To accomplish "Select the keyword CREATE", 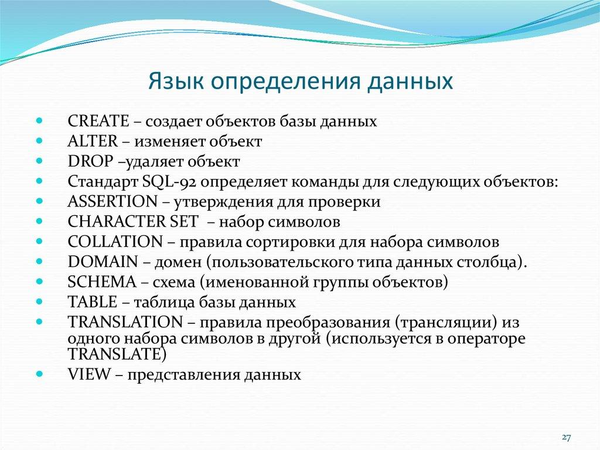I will point(98,121).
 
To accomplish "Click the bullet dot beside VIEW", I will point(39,373).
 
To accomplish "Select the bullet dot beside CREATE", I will point(39,120).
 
